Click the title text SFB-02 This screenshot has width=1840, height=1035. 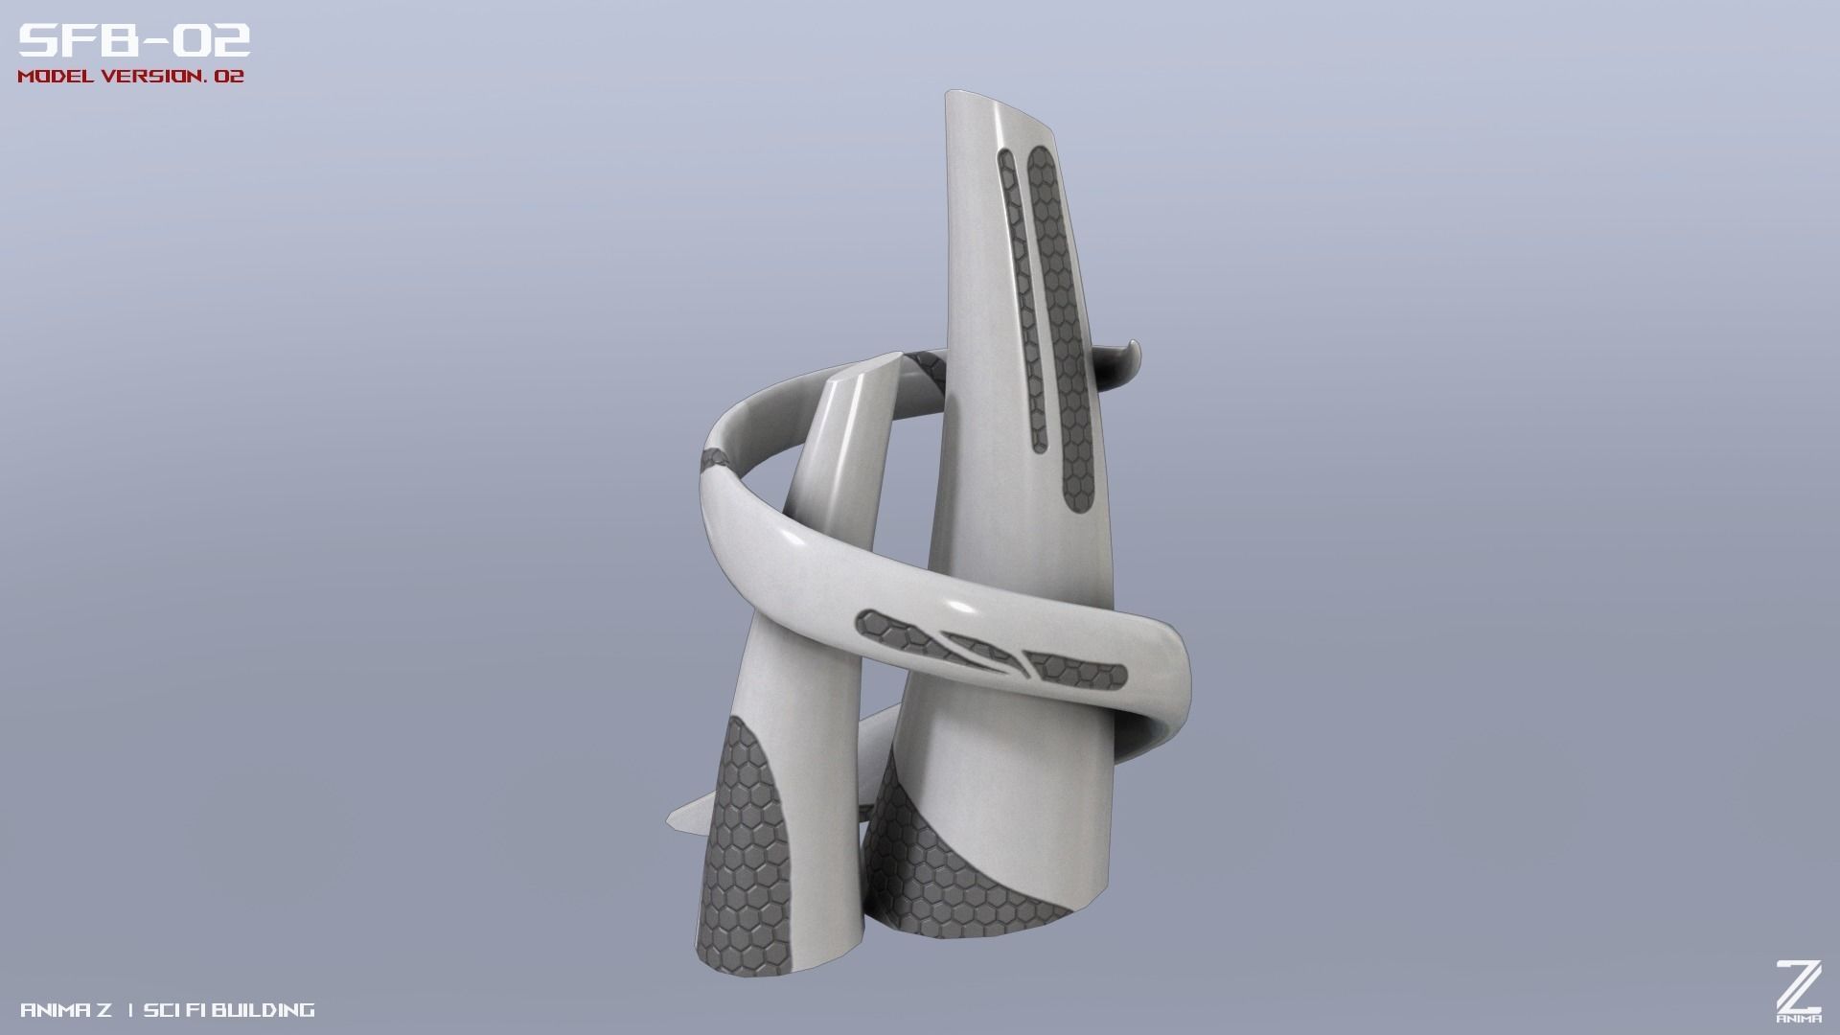pyautogui.click(x=134, y=41)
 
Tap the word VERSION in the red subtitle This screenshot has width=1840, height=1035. pyautogui.click(x=153, y=77)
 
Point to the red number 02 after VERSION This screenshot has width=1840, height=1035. pyautogui.click(x=229, y=77)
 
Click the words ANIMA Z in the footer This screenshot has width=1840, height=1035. pyautogui.click(x=65, y=1010)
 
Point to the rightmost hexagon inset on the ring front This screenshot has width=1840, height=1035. pyautogui.click(x=1078, y=671)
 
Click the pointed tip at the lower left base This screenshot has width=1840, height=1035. pyautogui.click(x=676, y=819)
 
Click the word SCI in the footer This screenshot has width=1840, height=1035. pyautogui.click(x=160, y=1010)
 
